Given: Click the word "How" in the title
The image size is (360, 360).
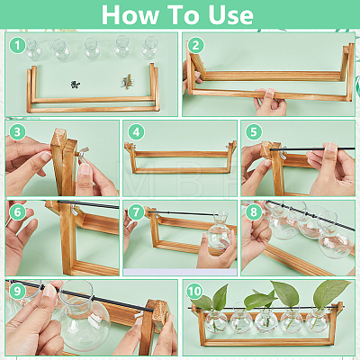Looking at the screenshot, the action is point(130,14).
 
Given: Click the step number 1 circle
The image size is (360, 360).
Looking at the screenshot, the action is point(17,45).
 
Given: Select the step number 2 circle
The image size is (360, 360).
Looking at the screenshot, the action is point(195,45).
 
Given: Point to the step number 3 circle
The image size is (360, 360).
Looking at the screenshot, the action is point(17,131).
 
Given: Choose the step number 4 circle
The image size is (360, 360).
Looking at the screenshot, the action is point(136,131).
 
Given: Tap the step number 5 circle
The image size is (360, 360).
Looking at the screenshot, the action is point(254,131).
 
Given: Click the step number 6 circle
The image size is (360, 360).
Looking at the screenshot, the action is point(17,212).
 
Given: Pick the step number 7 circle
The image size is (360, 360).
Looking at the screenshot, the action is point(136,212).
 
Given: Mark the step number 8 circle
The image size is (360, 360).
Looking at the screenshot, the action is point(254,212).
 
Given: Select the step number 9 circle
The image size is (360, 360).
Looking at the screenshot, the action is point(17,291).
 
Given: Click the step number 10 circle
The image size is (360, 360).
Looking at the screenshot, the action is point(194,291).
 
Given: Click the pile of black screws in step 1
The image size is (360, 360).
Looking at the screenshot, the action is point(76,85).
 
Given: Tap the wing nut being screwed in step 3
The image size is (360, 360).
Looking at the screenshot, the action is point(83,152).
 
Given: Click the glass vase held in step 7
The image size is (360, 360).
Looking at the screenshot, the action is point(220,230).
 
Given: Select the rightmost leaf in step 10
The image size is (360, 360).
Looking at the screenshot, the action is point(329,292).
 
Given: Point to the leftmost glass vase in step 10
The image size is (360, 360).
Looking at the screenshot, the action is point(215,320).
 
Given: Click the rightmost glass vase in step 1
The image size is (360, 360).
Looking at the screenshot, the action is point(149,48).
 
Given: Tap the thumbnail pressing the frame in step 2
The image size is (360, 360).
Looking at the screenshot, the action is point(269,93).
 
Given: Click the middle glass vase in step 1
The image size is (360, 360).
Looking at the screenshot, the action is point(91,49).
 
